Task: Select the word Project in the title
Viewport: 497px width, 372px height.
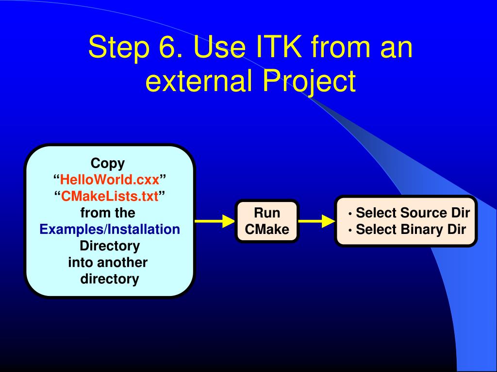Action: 309,82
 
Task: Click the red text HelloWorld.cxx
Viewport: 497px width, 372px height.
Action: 110,180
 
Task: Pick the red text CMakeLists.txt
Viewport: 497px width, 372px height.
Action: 110,197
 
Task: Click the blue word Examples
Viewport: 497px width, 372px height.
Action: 72,229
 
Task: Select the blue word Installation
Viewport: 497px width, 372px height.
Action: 144,229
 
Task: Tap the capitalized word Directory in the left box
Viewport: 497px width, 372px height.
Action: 110,246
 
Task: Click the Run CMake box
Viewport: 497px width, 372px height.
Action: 267,221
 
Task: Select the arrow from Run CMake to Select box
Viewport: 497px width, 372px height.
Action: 317,221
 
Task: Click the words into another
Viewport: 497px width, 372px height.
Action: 108,262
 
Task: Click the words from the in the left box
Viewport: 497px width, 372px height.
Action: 108,213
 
